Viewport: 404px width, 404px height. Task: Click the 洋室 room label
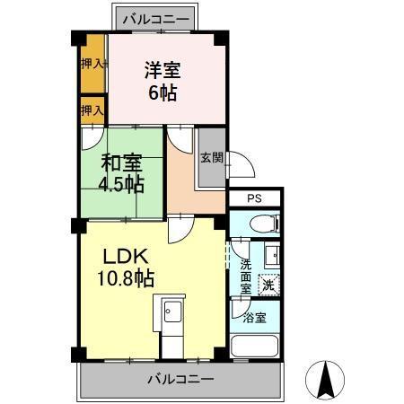[x=164, y=69]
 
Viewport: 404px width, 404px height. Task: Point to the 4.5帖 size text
[x=120, y=185]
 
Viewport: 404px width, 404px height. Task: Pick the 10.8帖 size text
[x=127, y=278]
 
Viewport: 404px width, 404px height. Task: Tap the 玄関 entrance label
[x=211, y=157]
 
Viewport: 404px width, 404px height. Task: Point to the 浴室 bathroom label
[x=254, y=317]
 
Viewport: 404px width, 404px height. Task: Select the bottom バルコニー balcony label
[x=181, y=379]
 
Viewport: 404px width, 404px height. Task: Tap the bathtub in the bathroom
[x=256, y=346]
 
